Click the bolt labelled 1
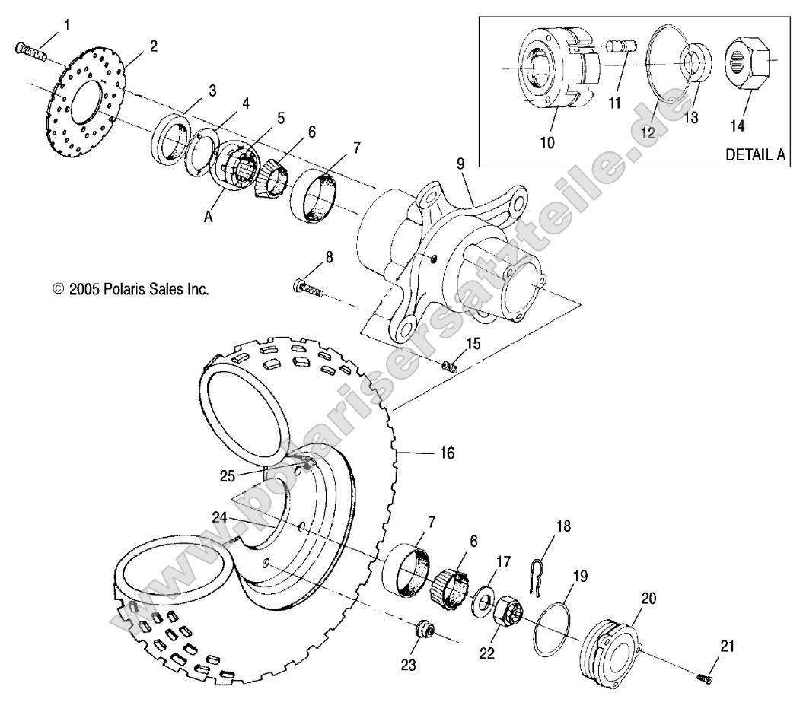click(x=30, y=50)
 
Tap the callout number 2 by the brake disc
click(x=153, y=46)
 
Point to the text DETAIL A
click(x=754, y=154)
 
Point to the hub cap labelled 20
click(x=610, y=643)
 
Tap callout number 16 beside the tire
click(x=446, y=453)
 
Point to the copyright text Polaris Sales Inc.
click(x=130, y=289)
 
